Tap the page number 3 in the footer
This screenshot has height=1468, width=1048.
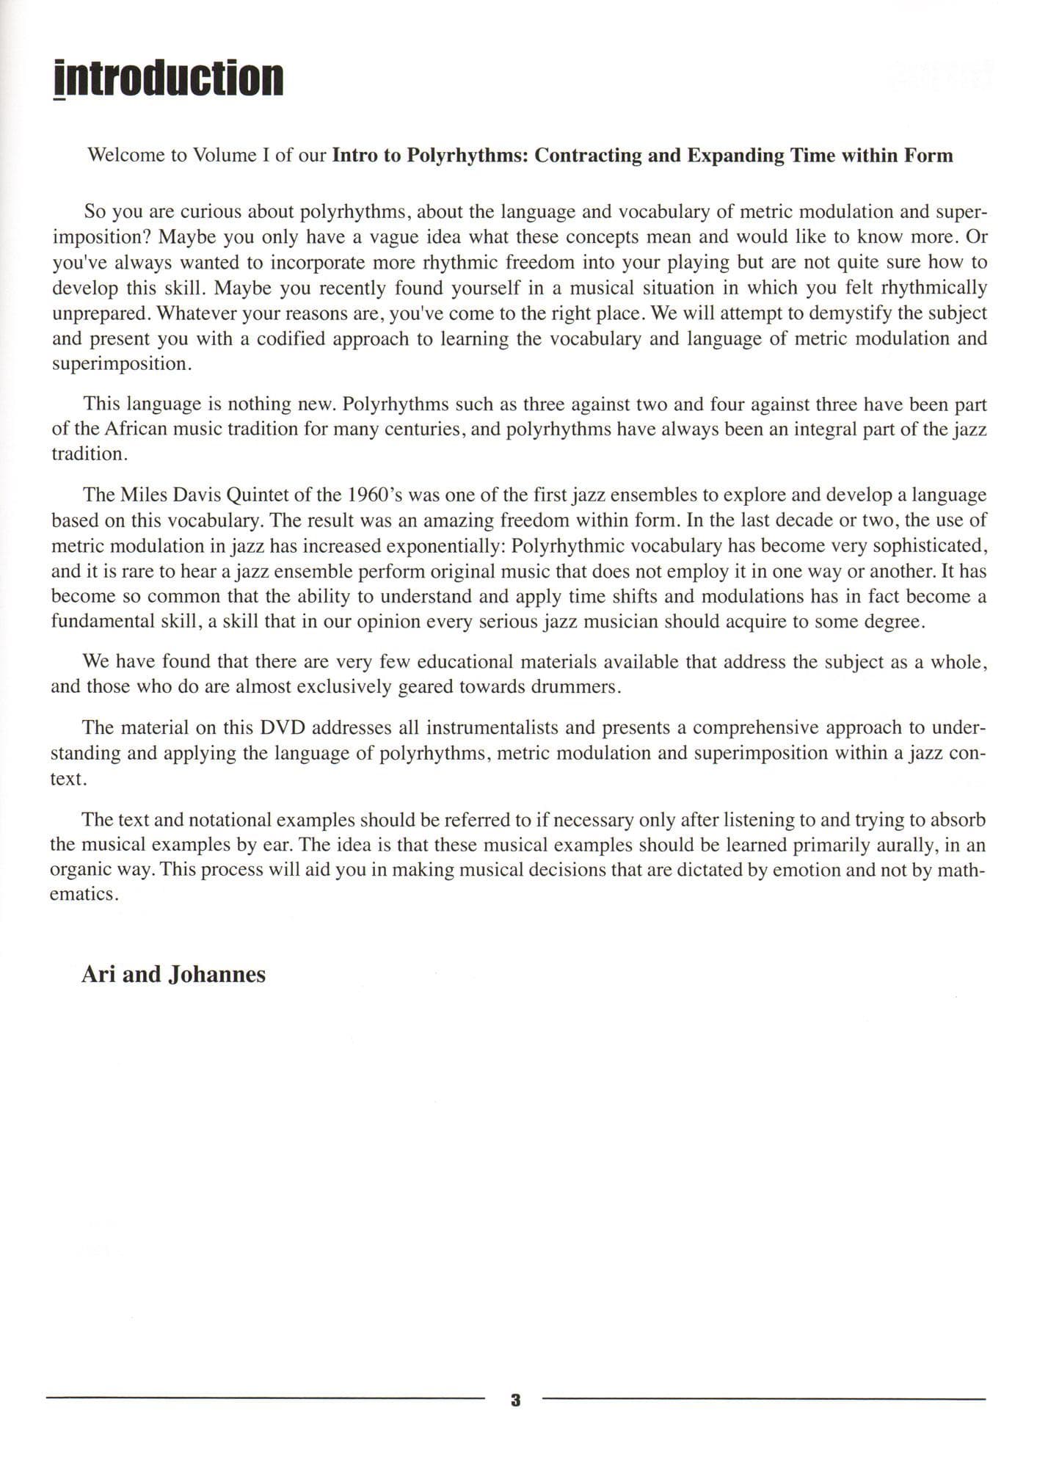coord(515,1400)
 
